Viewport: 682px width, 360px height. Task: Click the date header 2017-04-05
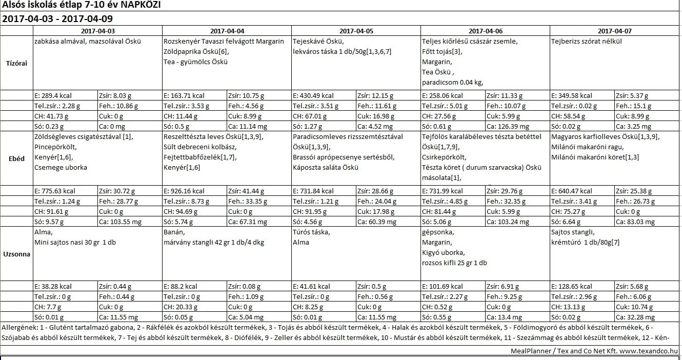(x=356, y=31)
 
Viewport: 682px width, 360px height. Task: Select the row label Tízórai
(x=17, y=63)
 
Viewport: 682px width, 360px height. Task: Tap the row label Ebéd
(x=17, y=158)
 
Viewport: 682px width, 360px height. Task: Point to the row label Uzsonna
(x=17, y=254)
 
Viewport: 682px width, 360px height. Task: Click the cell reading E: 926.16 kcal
(x=184, y=191)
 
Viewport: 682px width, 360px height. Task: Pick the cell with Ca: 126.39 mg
(x=507, y=126)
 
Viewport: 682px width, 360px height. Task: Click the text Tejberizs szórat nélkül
(x=586, y=42)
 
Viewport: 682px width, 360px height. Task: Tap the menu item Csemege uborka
(x=61, y=167)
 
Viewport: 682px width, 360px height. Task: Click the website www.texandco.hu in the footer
(x=649, y=351)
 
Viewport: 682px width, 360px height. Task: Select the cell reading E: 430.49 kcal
(x=313, y=95)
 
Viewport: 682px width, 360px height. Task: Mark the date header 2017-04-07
(x=614, y=31)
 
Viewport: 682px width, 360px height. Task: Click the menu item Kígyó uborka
(x=443, y=252)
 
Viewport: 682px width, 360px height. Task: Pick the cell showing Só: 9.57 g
(x=49, y=222)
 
